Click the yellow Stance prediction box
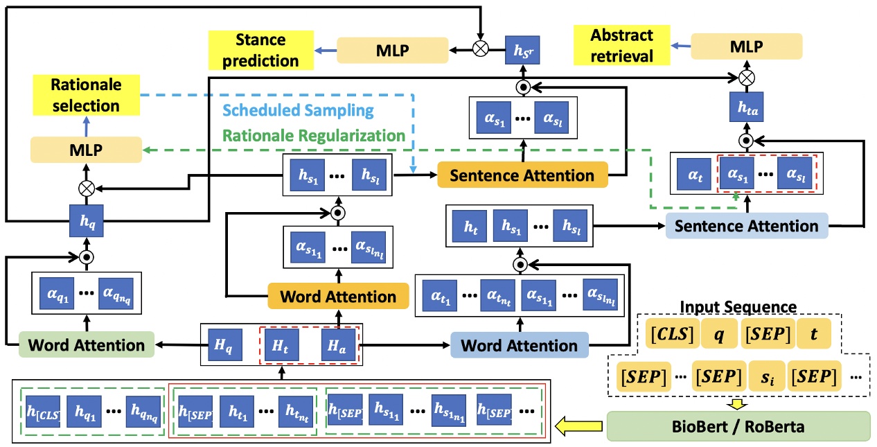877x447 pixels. point(260,50)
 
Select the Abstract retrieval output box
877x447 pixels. point(621,46)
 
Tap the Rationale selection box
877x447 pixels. point(86,96)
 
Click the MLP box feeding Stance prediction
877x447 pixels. point(392,50)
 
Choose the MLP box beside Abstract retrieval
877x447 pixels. point(746,46)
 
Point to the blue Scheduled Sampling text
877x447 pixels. point(300,111)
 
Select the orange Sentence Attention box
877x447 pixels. point(522,175)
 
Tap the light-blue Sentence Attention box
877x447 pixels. point(746,225)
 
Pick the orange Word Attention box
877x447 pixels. point(338,297)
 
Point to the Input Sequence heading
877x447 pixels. point(737,306)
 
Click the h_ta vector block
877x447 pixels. point(746,105)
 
